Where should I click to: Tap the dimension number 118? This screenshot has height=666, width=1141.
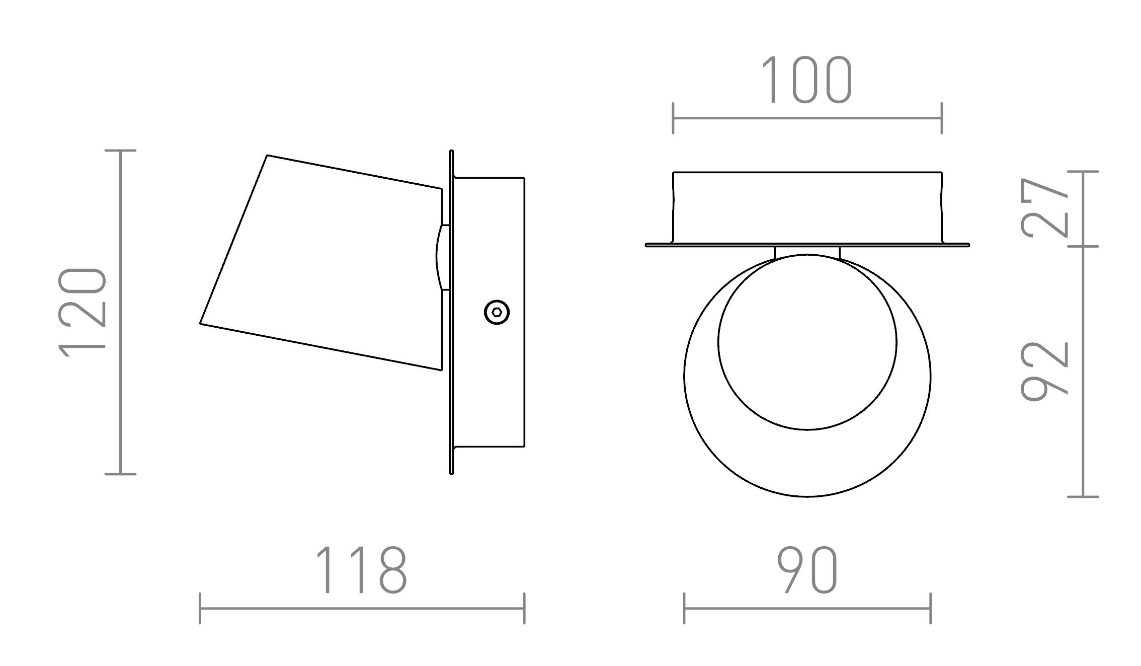point(361,570)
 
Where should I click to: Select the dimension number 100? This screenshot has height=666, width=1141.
point(807,80)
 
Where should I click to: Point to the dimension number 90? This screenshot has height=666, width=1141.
point(807,570)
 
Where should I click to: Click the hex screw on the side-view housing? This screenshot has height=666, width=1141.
point(497,313)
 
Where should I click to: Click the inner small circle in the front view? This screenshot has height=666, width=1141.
point(807,342)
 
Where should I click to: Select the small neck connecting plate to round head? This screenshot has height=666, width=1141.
point(807,252)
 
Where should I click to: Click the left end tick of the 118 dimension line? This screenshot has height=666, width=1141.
point(200,609)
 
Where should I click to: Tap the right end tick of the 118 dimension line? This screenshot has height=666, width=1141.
point(524,609)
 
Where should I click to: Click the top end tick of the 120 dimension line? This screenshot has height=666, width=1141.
point(121,151)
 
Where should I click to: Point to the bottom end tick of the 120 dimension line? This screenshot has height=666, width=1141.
point(121,474)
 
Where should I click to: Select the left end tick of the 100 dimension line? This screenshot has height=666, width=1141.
point(673,118)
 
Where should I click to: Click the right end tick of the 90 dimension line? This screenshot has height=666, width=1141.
point(931,609)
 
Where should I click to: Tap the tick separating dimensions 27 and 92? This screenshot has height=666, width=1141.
point(1083,247)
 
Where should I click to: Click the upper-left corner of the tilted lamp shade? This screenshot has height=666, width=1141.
point(267,156)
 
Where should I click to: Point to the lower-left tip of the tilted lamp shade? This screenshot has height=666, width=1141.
point(201,323)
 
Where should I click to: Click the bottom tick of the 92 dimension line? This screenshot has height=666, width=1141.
point(1083,497)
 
